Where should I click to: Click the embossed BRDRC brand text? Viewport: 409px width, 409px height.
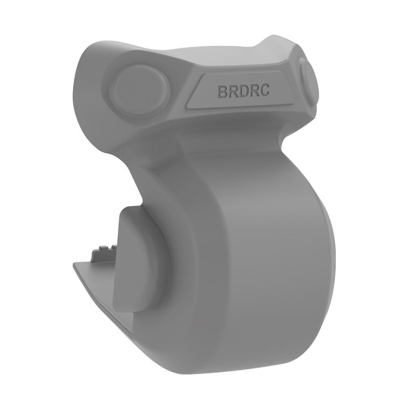[243, 91]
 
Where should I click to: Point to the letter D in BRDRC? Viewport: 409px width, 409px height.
[244, 91]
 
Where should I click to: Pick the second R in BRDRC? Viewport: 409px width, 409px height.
[254, 90]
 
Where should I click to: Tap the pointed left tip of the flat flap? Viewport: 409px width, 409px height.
[74, 265]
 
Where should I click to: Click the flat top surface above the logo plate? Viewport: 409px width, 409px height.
[229, 61]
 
